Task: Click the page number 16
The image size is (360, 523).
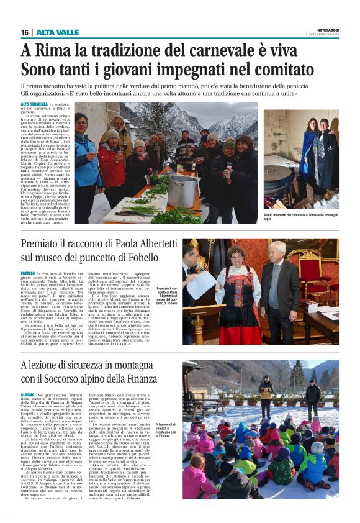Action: pos(25,32)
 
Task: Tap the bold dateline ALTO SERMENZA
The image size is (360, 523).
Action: pos(34,105)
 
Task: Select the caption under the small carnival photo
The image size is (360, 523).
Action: pos(300,217)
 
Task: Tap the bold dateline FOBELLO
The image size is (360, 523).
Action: pos(28,273)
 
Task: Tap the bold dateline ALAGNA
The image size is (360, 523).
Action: pos(28,394)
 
